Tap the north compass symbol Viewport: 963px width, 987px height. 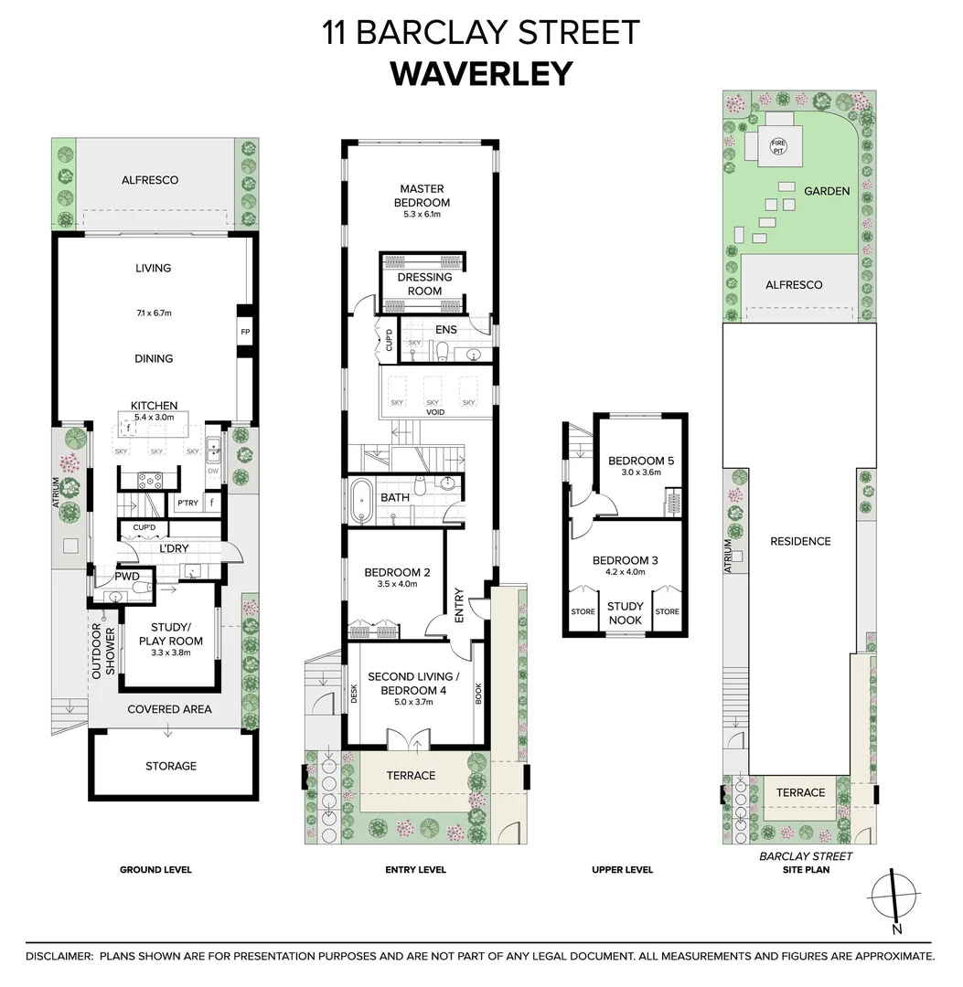[x=893, y=897]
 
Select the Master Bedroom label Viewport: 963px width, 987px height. [x=422, y=196]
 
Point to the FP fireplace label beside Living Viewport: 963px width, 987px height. [x=245, y=332]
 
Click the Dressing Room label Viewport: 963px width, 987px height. [x=424, y=284]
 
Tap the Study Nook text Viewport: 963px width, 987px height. [x=626, y=613]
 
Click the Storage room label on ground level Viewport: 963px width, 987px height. [x=171, y=766]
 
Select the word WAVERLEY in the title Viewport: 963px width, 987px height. [x=481, y=73]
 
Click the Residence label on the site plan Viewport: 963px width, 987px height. [x=800, y=541]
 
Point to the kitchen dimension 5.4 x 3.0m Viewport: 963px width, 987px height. [x=154, y=417]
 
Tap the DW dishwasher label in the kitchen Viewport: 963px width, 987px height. [x=212, y=472]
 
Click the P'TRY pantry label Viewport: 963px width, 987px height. [x=187, y=504]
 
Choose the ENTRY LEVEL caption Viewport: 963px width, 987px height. [x=416, y=870]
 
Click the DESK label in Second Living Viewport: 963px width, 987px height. [x=353, y=696]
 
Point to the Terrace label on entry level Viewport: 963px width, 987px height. [x=412, y=775]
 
